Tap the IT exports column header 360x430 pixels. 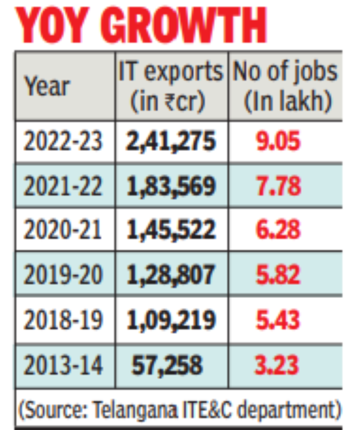(170, 86)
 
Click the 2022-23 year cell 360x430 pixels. (64, 142)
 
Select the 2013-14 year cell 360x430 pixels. (64, 365)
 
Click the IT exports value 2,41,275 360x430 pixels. (171, 142)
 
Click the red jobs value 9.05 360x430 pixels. (277, 142)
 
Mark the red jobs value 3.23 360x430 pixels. (277, 365)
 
